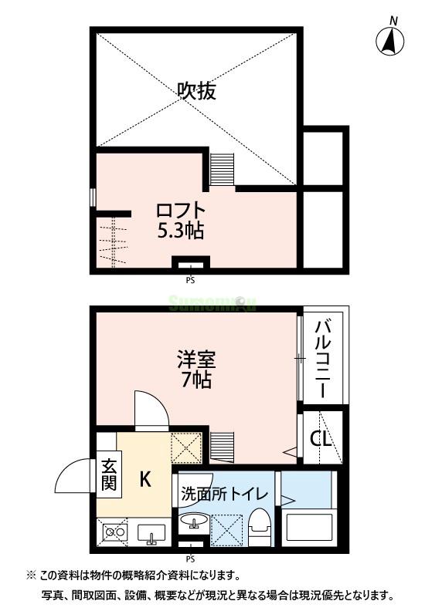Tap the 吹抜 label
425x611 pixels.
click(196, 92)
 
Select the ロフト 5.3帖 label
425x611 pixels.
click(182, 219)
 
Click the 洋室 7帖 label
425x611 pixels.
click(195, 370)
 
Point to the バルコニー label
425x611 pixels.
click(323, 356)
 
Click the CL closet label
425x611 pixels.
click(320, 439)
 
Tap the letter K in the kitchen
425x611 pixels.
click(144, 479)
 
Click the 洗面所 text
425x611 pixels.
click(199, 495)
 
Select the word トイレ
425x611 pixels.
click(250, 495)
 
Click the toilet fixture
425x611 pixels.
click(258, 527)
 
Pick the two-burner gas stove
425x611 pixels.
click(115, 532)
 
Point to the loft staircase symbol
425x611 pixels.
click(222, 167)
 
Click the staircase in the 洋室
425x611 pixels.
click(222, 446)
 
